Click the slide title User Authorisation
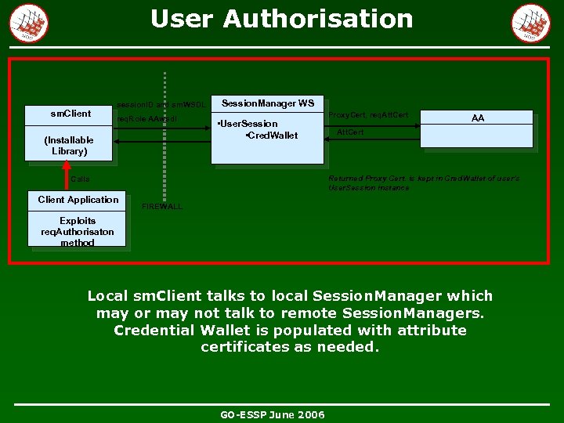click(x=281, y=19)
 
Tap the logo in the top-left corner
click(x=28, y=23)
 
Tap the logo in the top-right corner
click(x=530, y=23)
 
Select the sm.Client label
click(x=70, y=114)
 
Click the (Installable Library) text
click(x=69, y=146)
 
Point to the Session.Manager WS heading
click(x=268, y=103)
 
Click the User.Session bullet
click(x=248, y=124)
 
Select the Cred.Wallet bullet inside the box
click(x=272, y=136)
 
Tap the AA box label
click(x=478, y=118)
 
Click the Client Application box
click(x=78, y=200)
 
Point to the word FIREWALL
click(x=162, y=207)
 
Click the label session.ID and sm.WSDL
click(x=161, y=104)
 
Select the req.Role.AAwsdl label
click(x=146, y=120)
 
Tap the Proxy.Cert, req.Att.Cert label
click(x=368, y=115)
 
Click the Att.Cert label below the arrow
click(x=350, y=132)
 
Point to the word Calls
click(x=80, y=179)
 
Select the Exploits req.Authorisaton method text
click(x=78, y=232)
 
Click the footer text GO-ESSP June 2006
click(x=273, y=414)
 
